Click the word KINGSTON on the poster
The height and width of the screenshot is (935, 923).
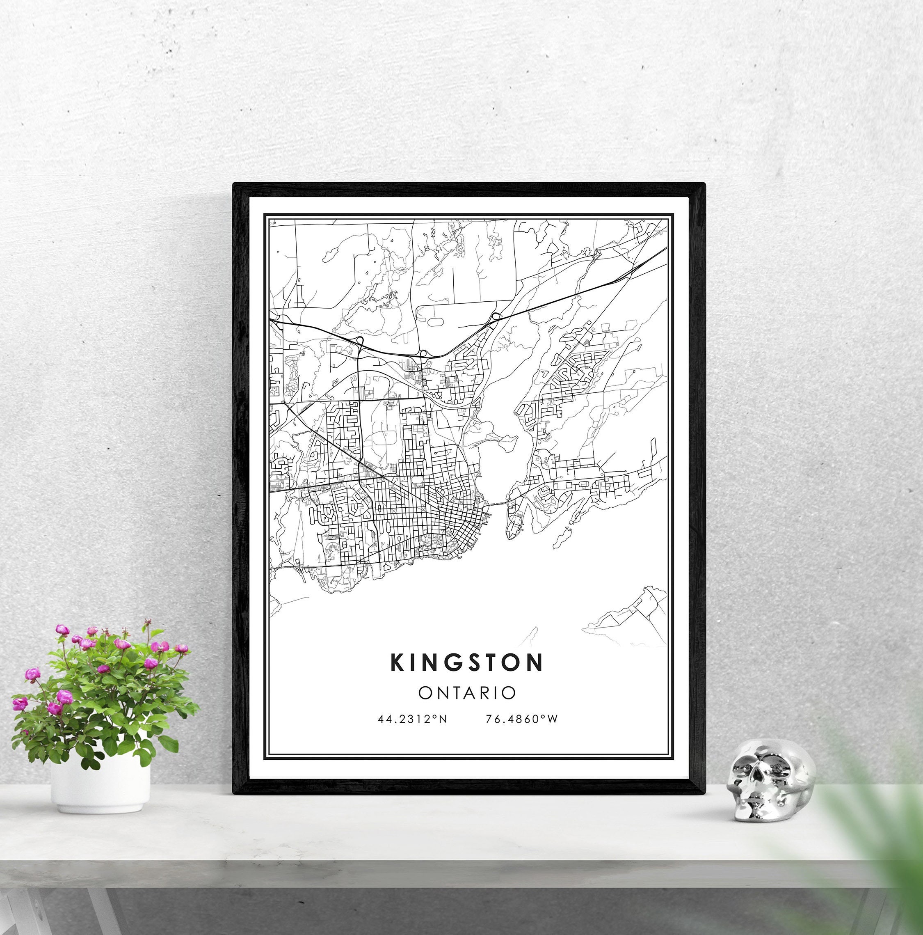click(467, 662)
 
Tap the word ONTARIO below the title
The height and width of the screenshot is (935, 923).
click(467, 693)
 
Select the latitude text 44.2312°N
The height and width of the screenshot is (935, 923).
click(412, 719)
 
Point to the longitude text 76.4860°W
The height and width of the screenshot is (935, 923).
click(522, 719)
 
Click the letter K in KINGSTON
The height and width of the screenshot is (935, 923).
click(398, 662)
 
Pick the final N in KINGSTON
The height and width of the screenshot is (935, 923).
click(535, 662)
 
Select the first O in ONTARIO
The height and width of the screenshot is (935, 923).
click(425, 693)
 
